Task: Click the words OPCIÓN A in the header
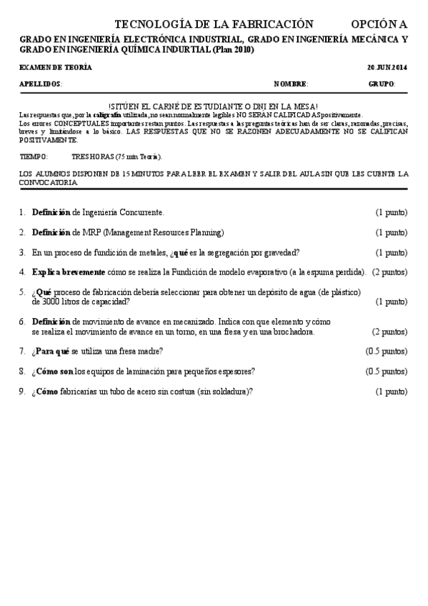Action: point(379,24)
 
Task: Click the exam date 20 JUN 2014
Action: point(387,68)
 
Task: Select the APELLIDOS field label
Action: point(41,84)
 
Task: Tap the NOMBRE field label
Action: point(290,84)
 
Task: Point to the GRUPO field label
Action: point(382,84)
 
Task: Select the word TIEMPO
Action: point(33,156)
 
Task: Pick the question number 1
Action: point(22,212)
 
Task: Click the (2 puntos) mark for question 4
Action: point(389,272)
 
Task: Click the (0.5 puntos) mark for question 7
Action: point(386,352)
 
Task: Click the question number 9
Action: point(22,392)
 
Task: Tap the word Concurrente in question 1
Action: point(141,212)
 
